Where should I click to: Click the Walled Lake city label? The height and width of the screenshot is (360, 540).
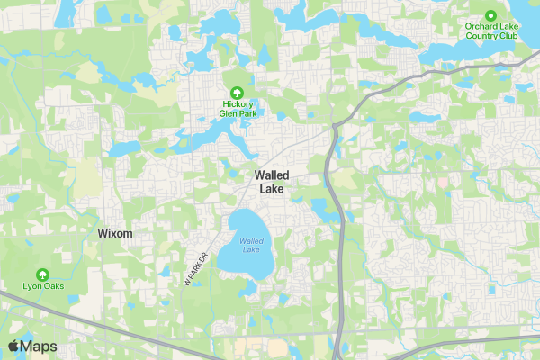[x=271, y=182]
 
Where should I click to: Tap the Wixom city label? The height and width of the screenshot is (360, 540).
[x=114, y=233]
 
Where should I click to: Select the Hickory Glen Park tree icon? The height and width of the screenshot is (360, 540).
[x=237, y=92]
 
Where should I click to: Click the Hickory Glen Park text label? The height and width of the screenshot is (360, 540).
[x=237, y=109]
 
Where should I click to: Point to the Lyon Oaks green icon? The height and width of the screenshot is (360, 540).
[x=42, y=274]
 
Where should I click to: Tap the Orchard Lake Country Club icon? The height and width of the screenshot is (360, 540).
[x=491, y=15]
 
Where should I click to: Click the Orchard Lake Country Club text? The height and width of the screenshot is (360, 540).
[x=491, y=31]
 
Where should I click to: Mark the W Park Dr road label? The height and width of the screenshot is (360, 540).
[x=195, y=268]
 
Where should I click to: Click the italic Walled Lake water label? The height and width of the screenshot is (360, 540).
[x=252, y=245]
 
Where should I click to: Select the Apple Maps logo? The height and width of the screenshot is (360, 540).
[x=32, y=346]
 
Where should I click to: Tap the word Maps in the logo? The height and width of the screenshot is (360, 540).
[x=40, y=346]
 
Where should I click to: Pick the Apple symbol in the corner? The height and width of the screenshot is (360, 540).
[x=13, y=346]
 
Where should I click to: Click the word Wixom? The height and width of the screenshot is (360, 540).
[x=114, y=233]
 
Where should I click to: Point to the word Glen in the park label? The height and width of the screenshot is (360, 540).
[x=230, y=113]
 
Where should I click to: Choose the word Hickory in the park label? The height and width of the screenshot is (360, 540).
[x=237, y=103]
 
